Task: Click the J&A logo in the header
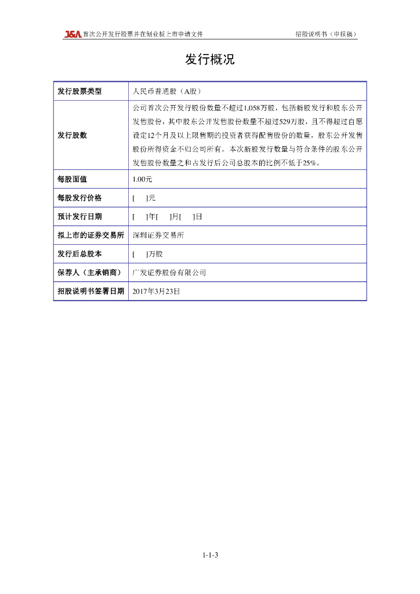pyautogui.click(x=73, y=34)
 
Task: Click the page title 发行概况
pyautogui.click(x=210, y=60)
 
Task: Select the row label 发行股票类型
pyautogui.click(x=79, y=91)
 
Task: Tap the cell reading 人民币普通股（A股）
pyautogui.click(x=167, y=91)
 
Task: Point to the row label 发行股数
pyautogui.click(x=73, y=135)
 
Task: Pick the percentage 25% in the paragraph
pyautogui.click(x=312, y=163)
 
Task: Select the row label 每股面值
pyautogui.click(x=73, y=179)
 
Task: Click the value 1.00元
pyautogui.click(x=142, y=179)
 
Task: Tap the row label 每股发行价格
pyautogui.click(x=79, y=198)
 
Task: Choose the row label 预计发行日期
pyautogui.click(x=79, y=216)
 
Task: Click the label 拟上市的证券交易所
pyautogui.click(x=90, y=235)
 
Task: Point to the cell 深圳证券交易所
pyautogui.click(x=158, y=235)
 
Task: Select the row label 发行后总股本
pyautogui.click(x=79, y=253)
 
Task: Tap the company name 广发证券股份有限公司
pyautogui.click(x=169, y=272)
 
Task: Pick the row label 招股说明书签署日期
pyautogui.click(x=90, y=291)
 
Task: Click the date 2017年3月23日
pyautogui.click(x=156, y=291)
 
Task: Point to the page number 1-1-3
pyautogui.click(x=210, y=555)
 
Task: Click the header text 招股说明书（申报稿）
pyautogui.click(x=326, y=34)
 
